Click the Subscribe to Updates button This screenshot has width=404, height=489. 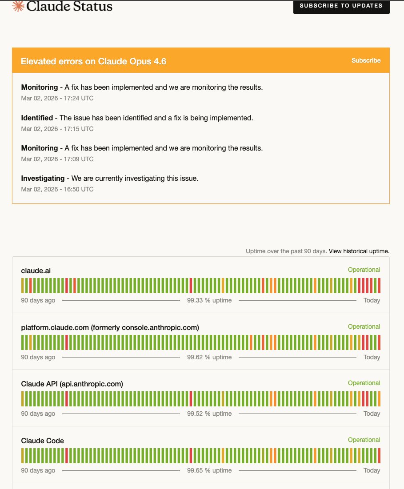pos(341,6)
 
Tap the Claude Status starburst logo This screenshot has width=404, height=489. pos(18,6)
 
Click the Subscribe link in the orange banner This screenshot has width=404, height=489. pos(366,60)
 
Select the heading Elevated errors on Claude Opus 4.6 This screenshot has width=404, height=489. pos(93,61)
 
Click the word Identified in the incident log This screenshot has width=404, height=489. pos(37,118)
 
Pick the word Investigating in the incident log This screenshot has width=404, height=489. pos(43,178)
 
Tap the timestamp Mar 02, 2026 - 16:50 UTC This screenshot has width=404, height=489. pos(57,189)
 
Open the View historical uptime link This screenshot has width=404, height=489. pos(359,251)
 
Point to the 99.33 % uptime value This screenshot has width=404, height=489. pos(209,300)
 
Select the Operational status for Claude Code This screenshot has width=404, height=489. pos(364,440)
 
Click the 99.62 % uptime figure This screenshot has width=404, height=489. pos(209,357)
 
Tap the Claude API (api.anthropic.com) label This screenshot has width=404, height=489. pos(72,384)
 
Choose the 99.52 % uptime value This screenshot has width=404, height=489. pos(209,413)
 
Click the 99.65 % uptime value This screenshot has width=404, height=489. pos(209,470)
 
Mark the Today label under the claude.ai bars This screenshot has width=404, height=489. pos(372,300)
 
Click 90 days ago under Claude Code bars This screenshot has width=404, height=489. pos(38,470)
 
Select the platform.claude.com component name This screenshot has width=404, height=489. pos(110,327)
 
